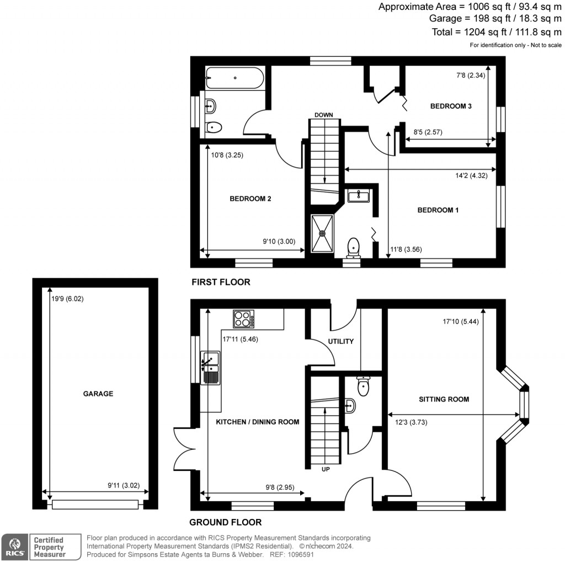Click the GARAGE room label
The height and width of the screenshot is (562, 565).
tap(98, 394)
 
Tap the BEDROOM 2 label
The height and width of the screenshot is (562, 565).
tap(250, 199)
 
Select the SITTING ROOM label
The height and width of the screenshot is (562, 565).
tap(444, 399)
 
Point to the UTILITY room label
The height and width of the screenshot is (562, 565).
tap(341, 341)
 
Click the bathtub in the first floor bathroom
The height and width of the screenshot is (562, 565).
tap(234, 78)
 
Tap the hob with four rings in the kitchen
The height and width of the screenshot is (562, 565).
tap(243, 319)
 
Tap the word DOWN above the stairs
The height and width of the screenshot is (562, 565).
tap(324, 115)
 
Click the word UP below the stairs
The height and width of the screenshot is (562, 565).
tap(325, 469)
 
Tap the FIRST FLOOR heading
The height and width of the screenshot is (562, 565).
tap(221, 282)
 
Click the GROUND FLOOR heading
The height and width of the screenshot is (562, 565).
tap(225, 522)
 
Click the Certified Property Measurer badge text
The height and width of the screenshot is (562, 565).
tap(49, 547)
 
